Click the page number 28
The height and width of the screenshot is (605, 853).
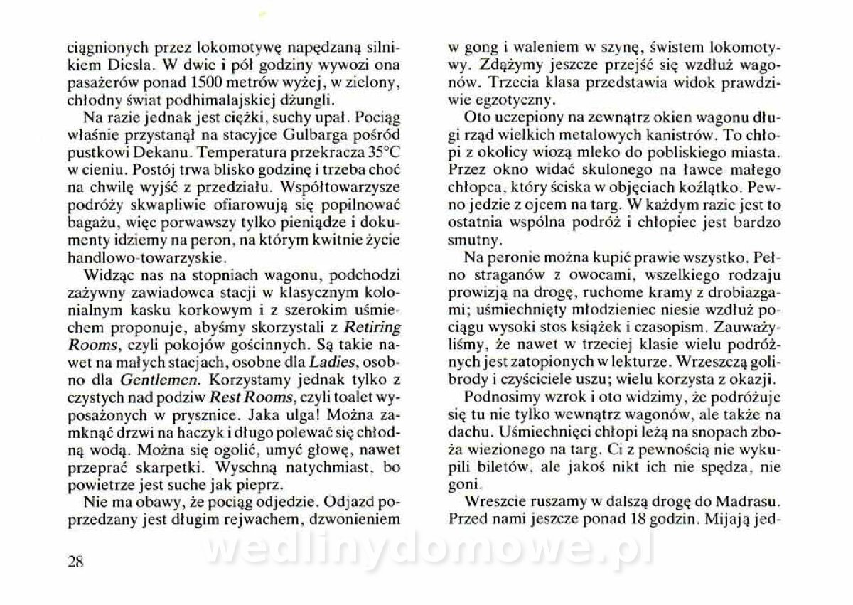(76, 562)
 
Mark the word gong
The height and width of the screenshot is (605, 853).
(475, 50)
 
